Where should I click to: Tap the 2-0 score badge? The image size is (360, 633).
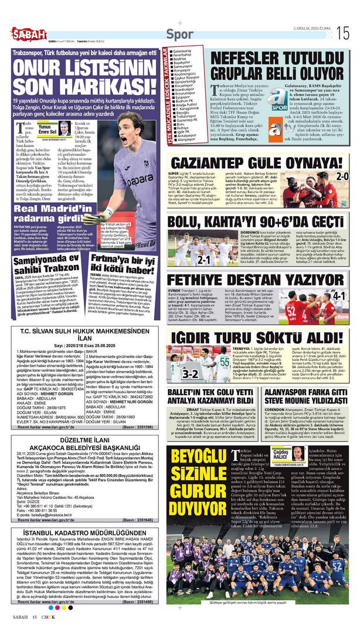point(342,176)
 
